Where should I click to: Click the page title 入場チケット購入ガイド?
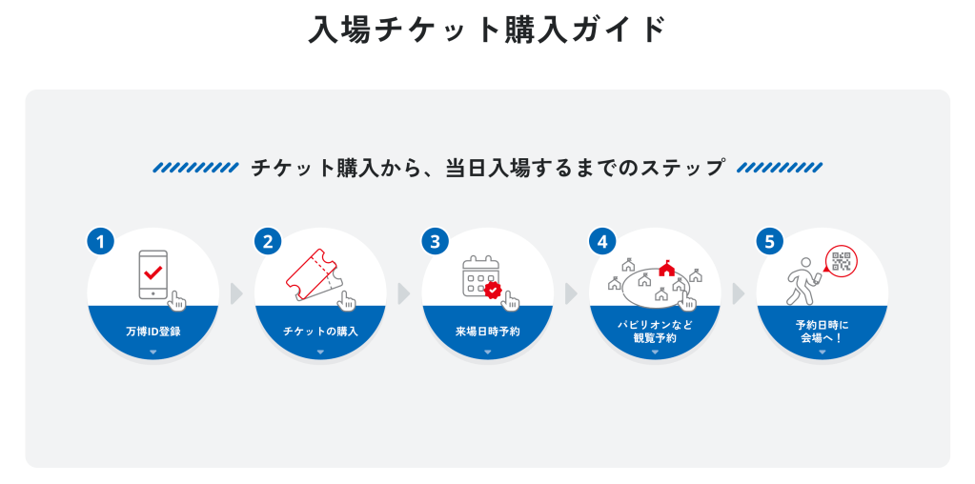pyautogui.click(x=487, y=30)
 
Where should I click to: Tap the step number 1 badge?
pyautogui.click(x=100, y=241)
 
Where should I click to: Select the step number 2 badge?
pyautogui.click(x=268, y=241)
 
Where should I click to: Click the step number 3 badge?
pyautogui.click(x=435, y=241)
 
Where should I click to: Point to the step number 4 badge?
pyautogui.click(x=602, y=241)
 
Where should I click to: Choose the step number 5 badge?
pyautogui.click(x=769, y=241)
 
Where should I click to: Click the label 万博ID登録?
pyautogui.click(x=152, y=332)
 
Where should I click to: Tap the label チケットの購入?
pyautogui.click(x=320, y=332)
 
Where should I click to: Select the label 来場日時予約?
pyautogui.click(x=487, y=332)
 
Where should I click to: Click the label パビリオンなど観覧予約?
pyautogui.click(x=655, y=331)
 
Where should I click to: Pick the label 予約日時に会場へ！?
pyautogui.click(x=822, y=331)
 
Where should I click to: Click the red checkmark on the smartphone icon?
pyautogui.click(x=152, y=272)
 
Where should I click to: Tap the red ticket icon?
pyautogui.click(x=311, y=273)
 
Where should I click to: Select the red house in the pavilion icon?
pyautogui.click(x=666, y=269)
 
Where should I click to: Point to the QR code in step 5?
pyautogui.click(x=841, y=262)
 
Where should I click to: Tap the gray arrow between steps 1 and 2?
pyautogui.click(x=236, y=293)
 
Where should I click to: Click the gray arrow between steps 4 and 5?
pyautogui.click(x=738, y=293)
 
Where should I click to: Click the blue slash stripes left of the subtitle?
pyautogui.click(x=195, y=168)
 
